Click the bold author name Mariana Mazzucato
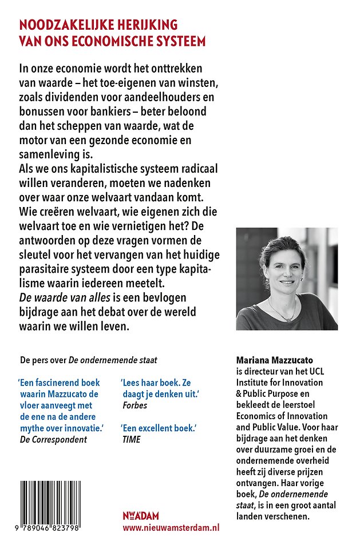coord(275,361)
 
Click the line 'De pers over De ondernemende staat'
coord(88,360)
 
